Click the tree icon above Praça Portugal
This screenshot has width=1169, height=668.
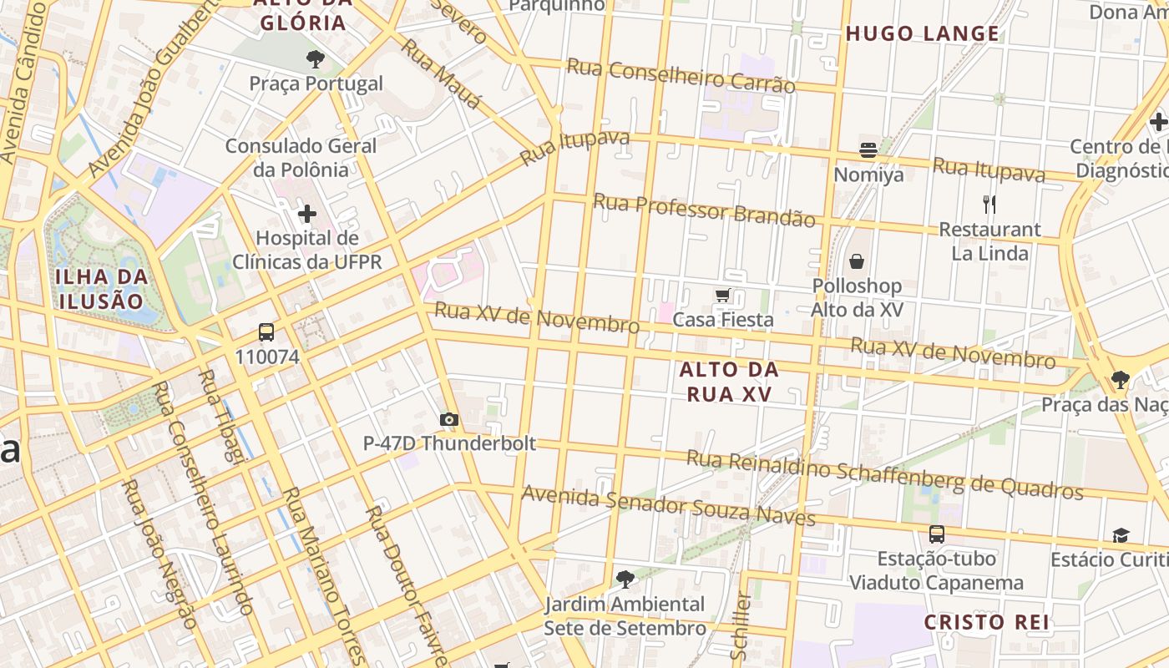(315, 58)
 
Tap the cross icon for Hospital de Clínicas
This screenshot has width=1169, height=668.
(307, 214)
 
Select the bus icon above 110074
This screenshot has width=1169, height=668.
(266, 332)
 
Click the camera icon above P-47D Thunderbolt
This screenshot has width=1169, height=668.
(449, 419)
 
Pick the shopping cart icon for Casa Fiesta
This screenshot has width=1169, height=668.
(723, 295)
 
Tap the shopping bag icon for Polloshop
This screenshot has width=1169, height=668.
(857, 261)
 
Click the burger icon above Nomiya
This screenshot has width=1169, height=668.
(868, 150)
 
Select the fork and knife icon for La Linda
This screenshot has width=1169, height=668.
(989, 204)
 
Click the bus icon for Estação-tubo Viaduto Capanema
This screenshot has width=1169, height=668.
(937, 534)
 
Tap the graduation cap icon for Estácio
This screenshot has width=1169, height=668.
(1121, 534)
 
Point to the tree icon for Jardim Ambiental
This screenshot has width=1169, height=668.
(625, 579)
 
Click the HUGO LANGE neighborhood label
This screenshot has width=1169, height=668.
(922, 34)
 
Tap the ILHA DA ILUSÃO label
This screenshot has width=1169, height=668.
(102, 289)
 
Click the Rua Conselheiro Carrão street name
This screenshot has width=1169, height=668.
(681, 76)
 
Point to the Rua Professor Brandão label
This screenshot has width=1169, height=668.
(703, 210)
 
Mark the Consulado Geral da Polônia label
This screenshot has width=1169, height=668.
(301, 158)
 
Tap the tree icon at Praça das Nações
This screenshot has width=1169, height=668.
(1121, 381)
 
